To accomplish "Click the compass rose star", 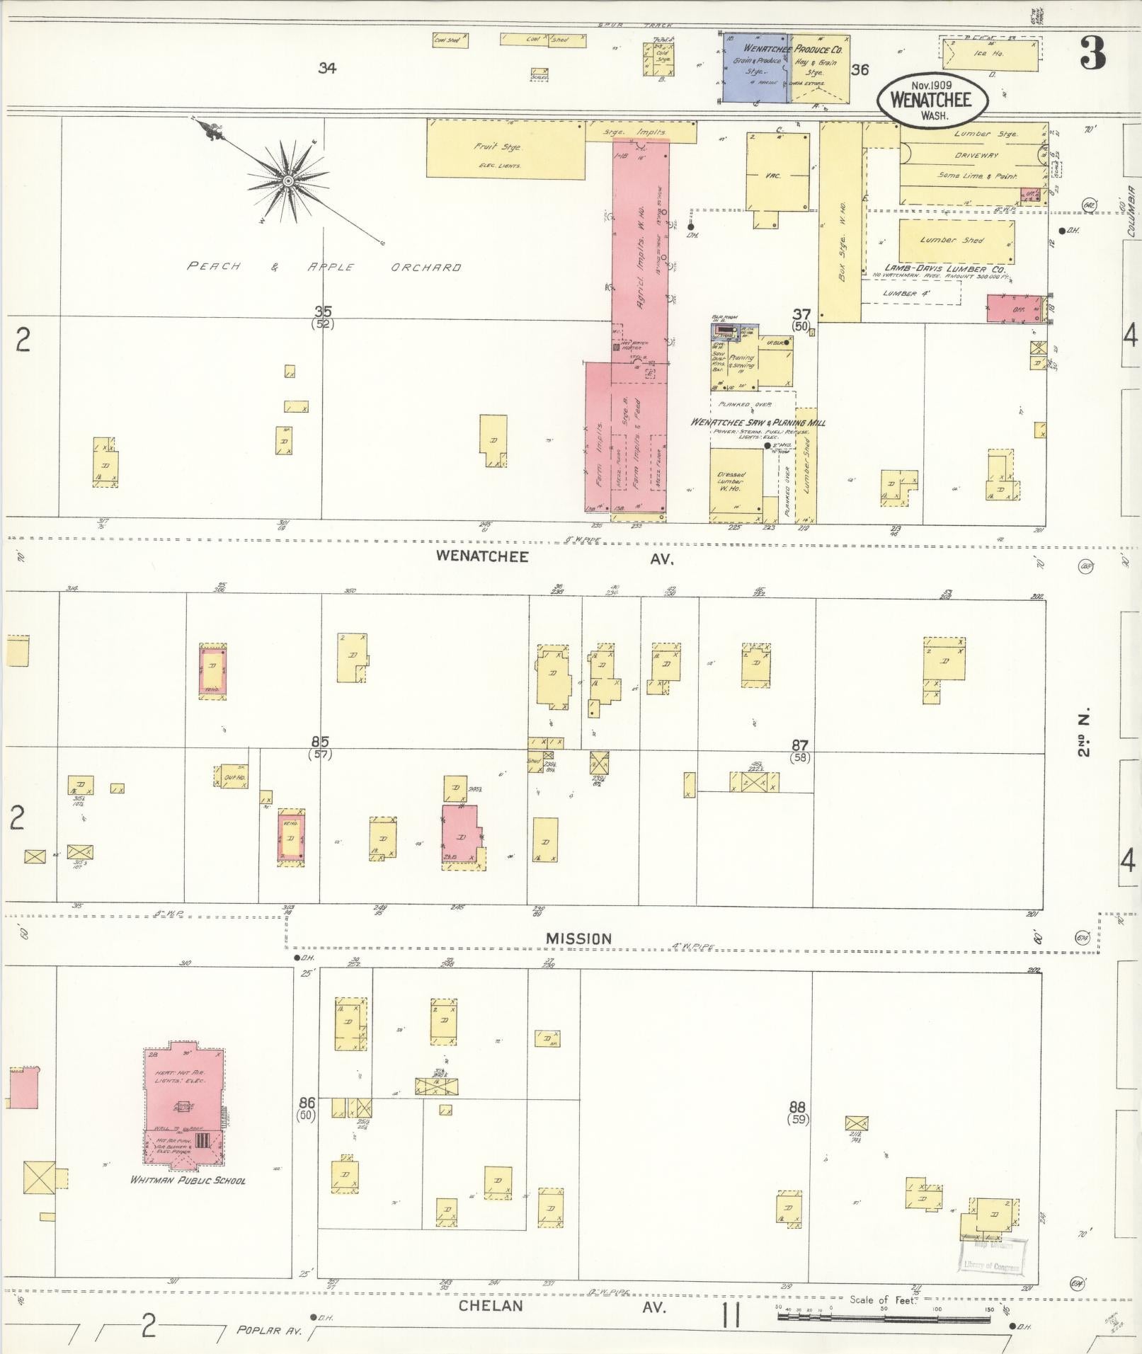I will [x=288, y=181].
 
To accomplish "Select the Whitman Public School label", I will [x=188, y=1180].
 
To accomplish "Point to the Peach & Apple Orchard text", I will [x=324, y=268].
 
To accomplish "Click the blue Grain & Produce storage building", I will [x=755, y=67].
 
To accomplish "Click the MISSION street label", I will [x=578, y=938].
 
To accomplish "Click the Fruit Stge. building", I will [x=506, y=149].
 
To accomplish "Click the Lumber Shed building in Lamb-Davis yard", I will [x=956, y=241].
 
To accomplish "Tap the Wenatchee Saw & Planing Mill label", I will [x=758, y=423].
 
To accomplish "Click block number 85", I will [x=320, y=742].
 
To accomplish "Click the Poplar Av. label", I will [x=269, y=1331].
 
